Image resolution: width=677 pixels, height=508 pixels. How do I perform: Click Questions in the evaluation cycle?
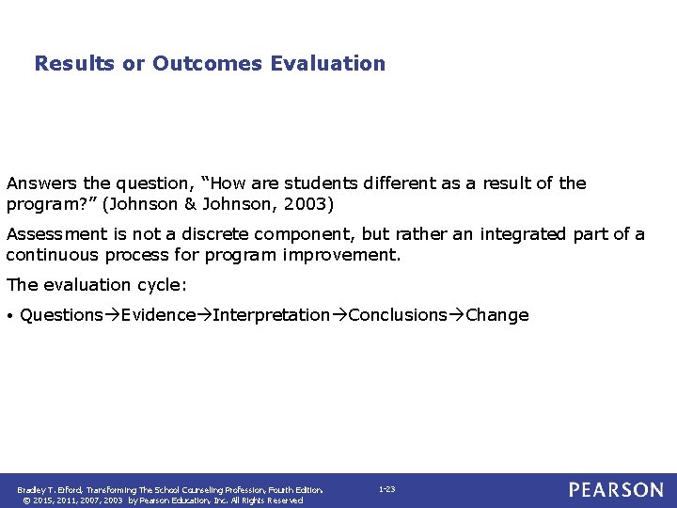(x=61, y=315)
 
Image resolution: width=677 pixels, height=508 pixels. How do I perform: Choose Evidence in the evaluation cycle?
(x=158, y=315)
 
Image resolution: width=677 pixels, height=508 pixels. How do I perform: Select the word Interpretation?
(x=272, y=315)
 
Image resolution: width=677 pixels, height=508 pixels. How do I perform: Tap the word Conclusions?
(x=398, y=315)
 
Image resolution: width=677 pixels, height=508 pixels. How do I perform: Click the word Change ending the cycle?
(x=497, y=315)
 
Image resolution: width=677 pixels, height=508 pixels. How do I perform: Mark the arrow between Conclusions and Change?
(x=456, y=315)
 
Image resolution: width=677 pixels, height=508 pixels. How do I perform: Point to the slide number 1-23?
(x=386, y=489)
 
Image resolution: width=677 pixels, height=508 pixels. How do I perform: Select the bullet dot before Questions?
(x=9, y=316)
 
